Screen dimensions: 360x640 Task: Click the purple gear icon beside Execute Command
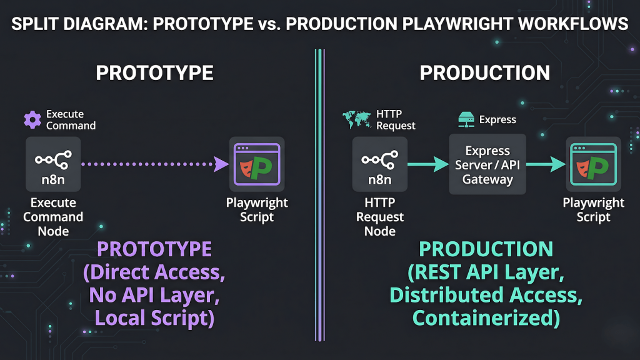32,119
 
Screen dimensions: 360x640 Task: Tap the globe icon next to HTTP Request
357,117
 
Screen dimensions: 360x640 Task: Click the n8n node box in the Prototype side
53,164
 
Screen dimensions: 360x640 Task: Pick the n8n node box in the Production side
380,164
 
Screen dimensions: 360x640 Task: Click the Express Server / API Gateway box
487,165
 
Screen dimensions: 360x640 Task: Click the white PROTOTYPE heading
154,72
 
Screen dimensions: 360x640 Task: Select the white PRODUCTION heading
485,72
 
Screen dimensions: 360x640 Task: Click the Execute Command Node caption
53,217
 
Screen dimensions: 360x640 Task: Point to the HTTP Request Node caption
380,217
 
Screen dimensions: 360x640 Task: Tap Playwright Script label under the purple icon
257,210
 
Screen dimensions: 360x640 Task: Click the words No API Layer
154,295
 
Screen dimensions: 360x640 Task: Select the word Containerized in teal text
485,318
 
